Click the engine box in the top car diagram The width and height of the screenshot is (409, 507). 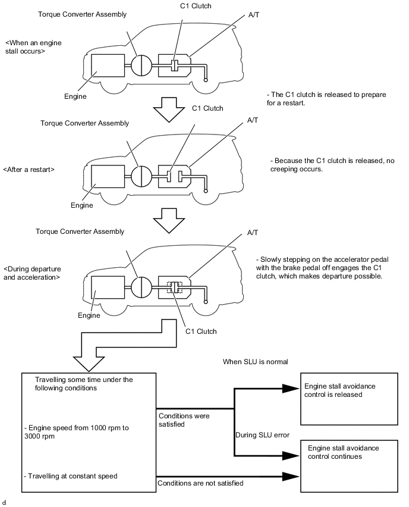click(108, 65)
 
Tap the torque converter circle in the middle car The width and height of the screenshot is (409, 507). click(141, 176)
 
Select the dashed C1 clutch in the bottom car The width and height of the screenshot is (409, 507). click(174, 287)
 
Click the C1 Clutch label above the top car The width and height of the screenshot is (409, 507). click(196, 6)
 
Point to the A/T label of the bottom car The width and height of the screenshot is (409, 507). click(253, 233)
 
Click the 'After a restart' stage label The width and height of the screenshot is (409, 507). click(29, 170)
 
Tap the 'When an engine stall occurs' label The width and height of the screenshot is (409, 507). click(33, 47)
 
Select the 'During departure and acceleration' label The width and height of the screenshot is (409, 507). click(32, 273)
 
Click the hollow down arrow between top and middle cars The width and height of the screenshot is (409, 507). click(169, 109)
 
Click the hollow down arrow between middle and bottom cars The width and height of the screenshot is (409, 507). click(169, 221)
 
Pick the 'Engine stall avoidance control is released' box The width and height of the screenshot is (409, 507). click(349, 399)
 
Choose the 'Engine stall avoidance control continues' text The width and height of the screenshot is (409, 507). click(344, 452)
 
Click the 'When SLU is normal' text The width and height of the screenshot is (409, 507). click(255, 362)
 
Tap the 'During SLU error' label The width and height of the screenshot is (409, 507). click(262, 435)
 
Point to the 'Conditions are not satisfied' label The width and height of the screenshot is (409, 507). click(200, 483)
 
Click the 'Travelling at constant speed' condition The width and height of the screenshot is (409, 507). click(70, 476)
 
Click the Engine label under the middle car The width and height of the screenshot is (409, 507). click(81, 205)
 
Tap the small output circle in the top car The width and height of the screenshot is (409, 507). click(206, 80)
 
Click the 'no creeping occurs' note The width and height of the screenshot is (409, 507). click(332, 165)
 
